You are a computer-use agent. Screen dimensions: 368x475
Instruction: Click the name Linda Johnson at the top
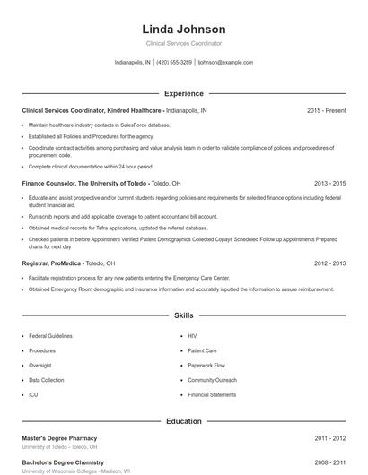pyautogui.click(x=183, y=30)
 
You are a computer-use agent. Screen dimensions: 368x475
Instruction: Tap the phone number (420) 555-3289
pyautogui.click(x=174, y=63)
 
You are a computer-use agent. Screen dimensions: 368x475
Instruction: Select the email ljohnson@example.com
pyautogui.click(x=225, y=63)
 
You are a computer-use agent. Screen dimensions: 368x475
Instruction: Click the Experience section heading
pyautogui.click(x=183, y=93)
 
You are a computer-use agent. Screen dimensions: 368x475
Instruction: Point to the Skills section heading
pyautogui.click(x=183, y=315)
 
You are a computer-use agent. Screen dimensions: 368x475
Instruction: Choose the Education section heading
pyautogui.click(x=183, y=420)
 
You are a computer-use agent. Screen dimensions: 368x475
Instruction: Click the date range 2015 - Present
pyautogui.click(x=326, y=110)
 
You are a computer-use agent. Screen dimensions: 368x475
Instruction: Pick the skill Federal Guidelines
pyautogui.click(x=50, y=336)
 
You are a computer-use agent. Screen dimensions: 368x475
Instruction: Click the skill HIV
pyautogui.click(x=192, y=336)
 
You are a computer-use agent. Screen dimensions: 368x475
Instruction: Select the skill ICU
pyautogui.click(x=33, y=394)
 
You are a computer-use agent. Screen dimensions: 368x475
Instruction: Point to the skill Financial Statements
pyautogui.click(x=211, y=394)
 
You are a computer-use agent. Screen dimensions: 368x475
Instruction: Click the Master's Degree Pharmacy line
pyautogui.click(x=59, y=438)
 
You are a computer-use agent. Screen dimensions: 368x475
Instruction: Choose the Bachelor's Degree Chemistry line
pyautogui.click(x=63, y=462)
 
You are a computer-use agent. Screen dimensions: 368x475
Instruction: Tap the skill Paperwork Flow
pyautogui.click(x=206, y=366)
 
